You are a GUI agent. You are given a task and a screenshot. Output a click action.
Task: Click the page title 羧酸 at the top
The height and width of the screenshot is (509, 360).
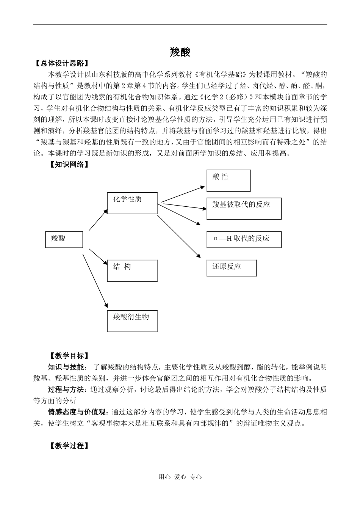point(180,52)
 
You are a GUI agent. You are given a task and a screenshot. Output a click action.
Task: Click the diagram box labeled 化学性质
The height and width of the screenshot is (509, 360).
point(132,203)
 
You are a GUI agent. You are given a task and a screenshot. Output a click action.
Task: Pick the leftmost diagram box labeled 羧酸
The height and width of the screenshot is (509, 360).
point(64,239)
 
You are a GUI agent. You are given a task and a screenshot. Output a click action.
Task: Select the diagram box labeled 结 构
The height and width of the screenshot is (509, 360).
point(132,270)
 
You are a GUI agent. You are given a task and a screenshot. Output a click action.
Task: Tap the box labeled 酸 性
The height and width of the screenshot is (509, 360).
point(229,181)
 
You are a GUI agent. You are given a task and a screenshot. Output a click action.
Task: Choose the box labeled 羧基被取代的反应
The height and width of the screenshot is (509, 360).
point(244,208)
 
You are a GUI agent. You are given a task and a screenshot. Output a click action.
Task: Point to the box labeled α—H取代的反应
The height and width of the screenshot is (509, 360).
point(244,239)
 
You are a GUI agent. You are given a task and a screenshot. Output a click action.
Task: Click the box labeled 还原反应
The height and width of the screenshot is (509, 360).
point(232,268)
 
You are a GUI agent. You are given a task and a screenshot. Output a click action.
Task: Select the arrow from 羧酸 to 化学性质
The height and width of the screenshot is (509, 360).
point(99,220)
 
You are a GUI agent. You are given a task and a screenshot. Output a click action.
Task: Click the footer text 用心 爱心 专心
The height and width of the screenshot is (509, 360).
point(180,477)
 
